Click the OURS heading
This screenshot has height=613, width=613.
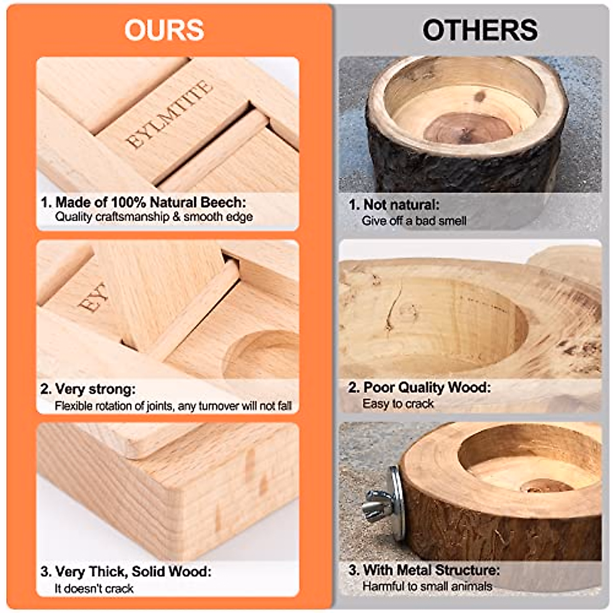pos(164,30)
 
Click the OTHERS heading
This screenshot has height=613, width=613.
pos(480,30)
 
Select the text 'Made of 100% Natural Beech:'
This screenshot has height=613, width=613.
pos(150,202)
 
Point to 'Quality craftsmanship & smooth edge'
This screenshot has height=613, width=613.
pos(154,217)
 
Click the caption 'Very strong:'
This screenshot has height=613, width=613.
pos(95,389)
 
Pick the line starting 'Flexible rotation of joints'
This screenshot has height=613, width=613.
pos(173,406)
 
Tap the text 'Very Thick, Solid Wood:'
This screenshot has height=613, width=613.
pos(133,571)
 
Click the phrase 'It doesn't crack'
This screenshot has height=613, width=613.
pos(94,588)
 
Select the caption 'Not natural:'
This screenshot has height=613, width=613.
pos(400,205)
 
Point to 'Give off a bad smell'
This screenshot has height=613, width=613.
pos(414,221)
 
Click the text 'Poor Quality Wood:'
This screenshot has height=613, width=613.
pos(427,387)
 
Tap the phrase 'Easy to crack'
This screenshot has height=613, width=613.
pos(398,404)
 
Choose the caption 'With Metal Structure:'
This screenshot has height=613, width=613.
pos(431,570)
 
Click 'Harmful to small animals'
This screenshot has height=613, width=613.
pos(427,586)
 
